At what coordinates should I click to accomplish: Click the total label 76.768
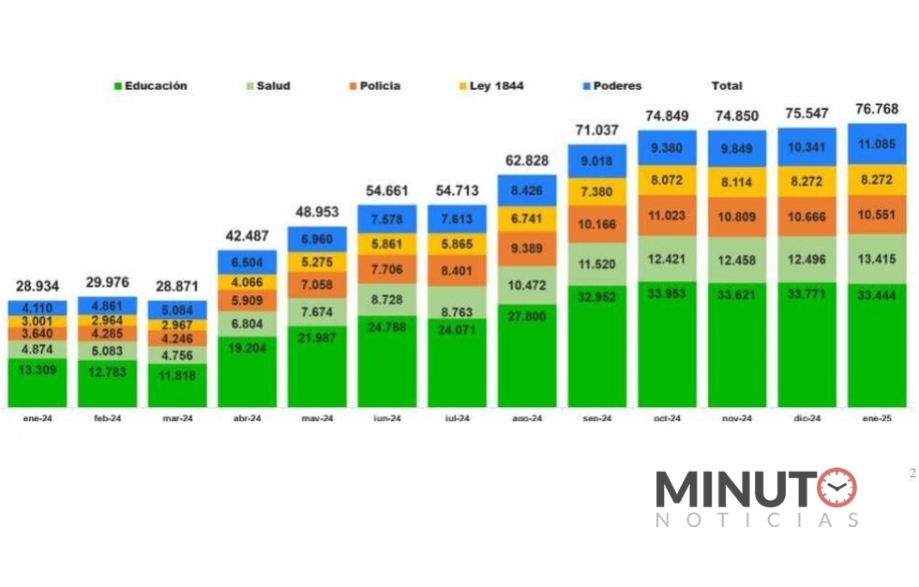(877, 109)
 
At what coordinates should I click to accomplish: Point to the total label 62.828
(527, 160)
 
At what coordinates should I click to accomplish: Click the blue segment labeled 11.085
(877, 143)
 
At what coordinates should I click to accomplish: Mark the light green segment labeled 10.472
(527, 284)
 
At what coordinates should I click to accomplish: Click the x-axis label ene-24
(38, 419)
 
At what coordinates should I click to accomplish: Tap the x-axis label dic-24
(806, 419)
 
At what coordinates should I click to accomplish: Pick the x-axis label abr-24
(247, 419)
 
